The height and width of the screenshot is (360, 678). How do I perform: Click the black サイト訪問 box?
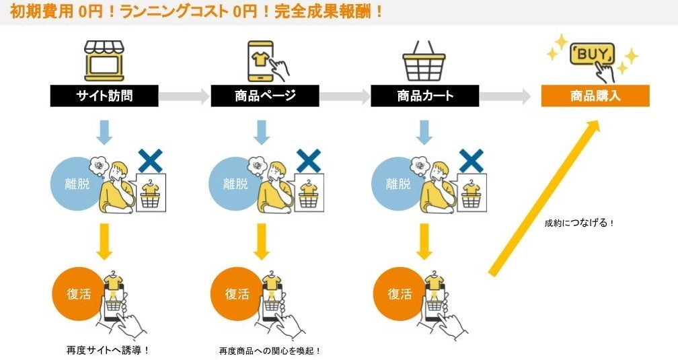[x=104, y=96]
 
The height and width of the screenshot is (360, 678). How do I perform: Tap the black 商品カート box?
[x=424, y=96]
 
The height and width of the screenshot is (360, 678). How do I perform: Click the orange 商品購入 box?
[x=595, y=96]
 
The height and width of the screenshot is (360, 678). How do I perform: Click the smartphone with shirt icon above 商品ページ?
[x=267, y=60]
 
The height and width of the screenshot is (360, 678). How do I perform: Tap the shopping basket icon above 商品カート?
[x=424, y=61]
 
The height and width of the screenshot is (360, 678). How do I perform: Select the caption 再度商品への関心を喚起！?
[x=270, y=351]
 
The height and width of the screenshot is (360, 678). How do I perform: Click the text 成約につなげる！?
[x=579, y=223]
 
